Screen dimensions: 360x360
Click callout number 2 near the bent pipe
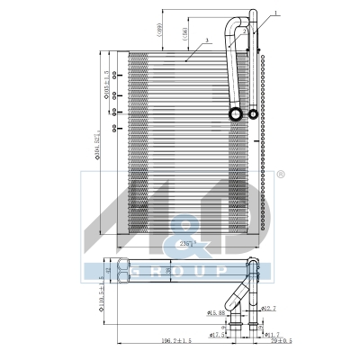coord(246,30)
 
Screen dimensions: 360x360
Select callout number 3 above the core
coord(207,40)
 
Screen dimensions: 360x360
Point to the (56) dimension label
coord(184,35)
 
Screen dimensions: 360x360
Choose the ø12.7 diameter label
coord(267,309)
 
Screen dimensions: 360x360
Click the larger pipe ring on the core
coord(236,114)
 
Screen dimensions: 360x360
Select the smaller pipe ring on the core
coord(254,114)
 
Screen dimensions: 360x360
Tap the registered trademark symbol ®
coord(281,174)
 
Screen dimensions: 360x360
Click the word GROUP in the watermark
coord(179,271)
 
